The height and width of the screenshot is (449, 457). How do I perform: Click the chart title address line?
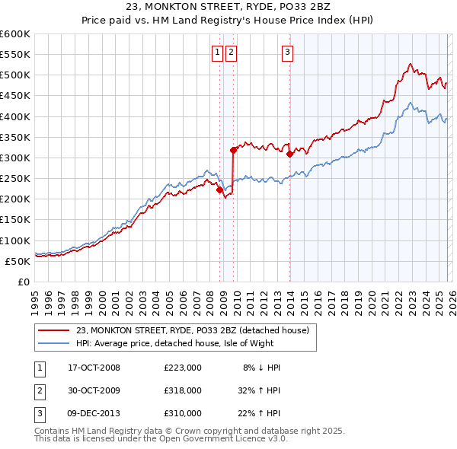pos(228,7)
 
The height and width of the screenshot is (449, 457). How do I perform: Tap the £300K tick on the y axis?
pos(14,158)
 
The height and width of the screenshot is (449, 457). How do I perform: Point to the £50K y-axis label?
pos(17,261)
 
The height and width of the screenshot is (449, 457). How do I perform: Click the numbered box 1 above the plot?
pos(217,53)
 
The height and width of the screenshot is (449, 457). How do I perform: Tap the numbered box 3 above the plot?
pos(287,53)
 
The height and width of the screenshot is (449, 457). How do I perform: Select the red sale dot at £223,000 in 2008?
pos(220,190)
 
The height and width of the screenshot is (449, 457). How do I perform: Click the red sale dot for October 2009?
pos(233,151)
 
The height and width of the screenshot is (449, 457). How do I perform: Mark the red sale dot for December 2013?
pos(290,154)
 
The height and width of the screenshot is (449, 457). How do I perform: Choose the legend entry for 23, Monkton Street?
pos(192,330)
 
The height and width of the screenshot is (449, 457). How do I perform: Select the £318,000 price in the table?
pos(183,390)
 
